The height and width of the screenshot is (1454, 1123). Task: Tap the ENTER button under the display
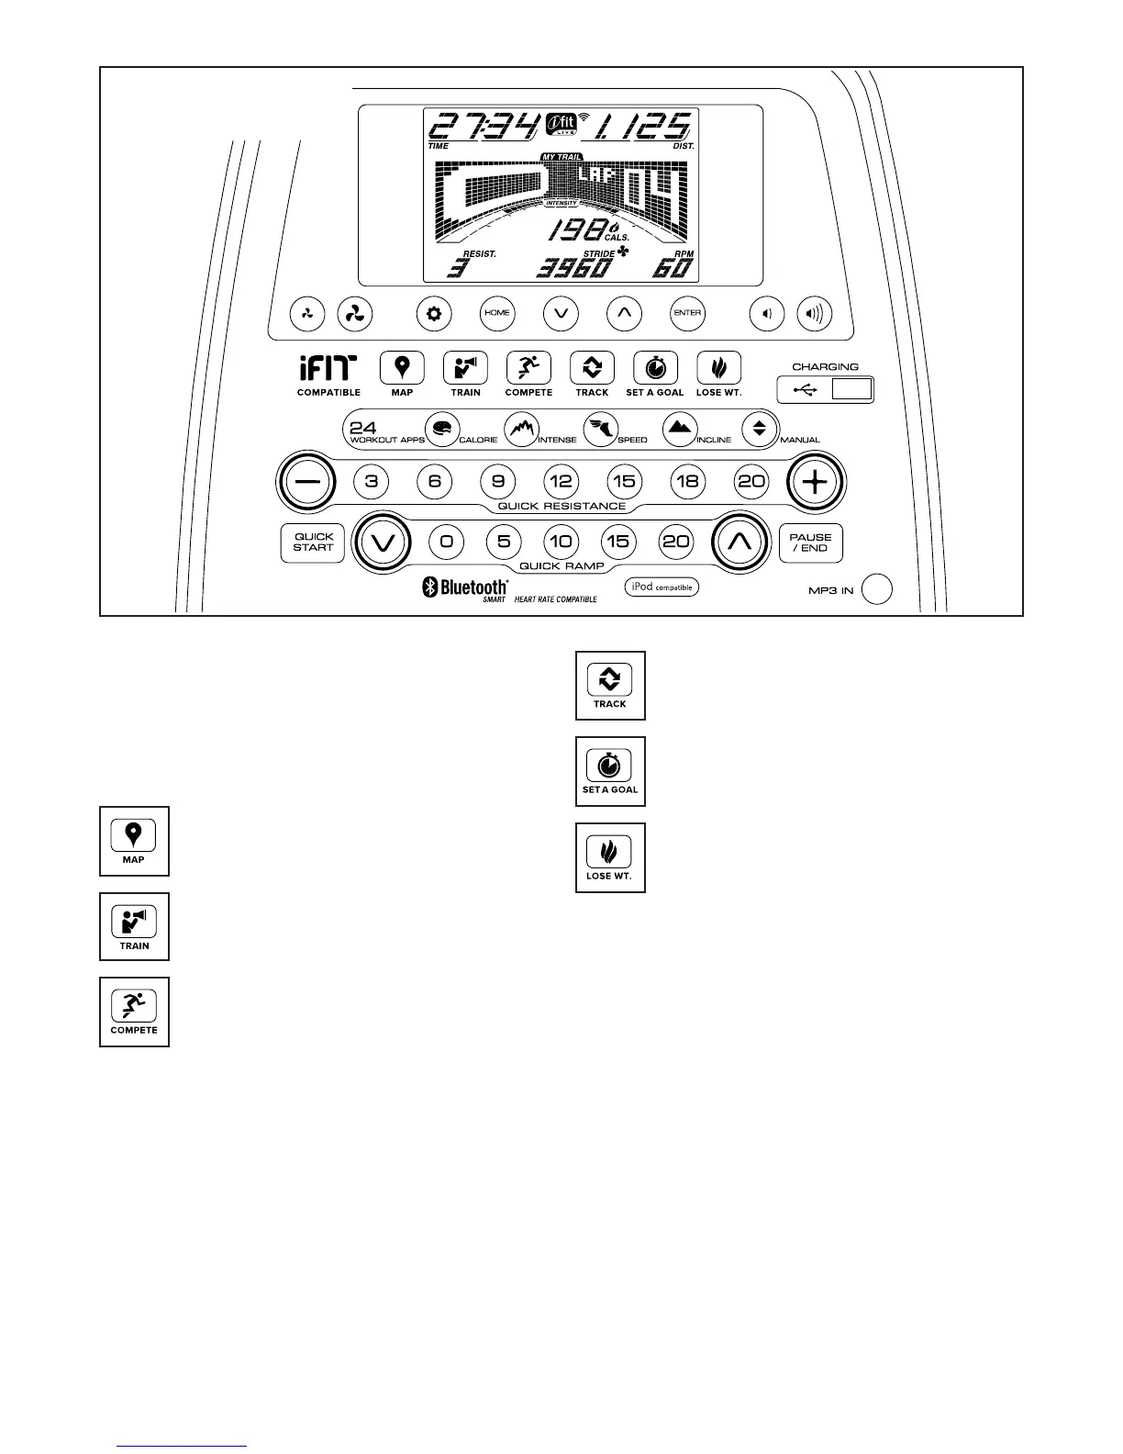(687, 313)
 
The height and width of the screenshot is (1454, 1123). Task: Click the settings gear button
(433, 314)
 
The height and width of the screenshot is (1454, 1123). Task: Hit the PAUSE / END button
(810, 542)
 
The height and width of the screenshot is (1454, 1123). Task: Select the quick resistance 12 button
(561, 481)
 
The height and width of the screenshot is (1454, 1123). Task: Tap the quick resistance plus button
(816, 481)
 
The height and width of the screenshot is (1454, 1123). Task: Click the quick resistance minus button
(307, 481)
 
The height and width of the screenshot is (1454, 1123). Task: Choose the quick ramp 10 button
(561, 542)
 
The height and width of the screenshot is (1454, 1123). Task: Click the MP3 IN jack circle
(878, 589)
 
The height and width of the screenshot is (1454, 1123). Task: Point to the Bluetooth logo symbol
(428, 588)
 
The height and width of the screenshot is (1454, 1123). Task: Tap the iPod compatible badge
(662, 587)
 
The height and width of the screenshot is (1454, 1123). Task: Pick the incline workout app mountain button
(680, 430)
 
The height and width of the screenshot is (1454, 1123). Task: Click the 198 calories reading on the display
(576, 231)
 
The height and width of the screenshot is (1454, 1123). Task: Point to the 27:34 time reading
(484, 126)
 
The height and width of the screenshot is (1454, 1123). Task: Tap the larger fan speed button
(354, 314)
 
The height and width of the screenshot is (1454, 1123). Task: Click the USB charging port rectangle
(851, 390)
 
